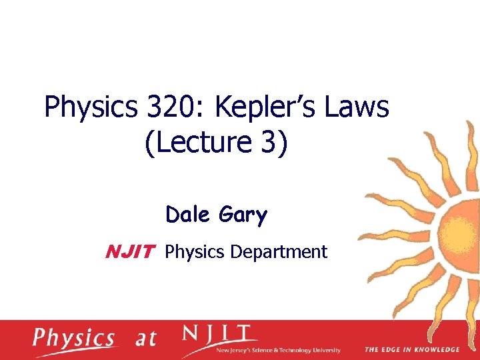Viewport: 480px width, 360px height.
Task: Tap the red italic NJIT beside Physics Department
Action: pyautogui.click(x=131, y=252)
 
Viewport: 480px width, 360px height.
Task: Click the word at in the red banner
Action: pyautogui.click(x=146, y=339)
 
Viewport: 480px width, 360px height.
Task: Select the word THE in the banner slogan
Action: pyautogui.click(x=371, y=349)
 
